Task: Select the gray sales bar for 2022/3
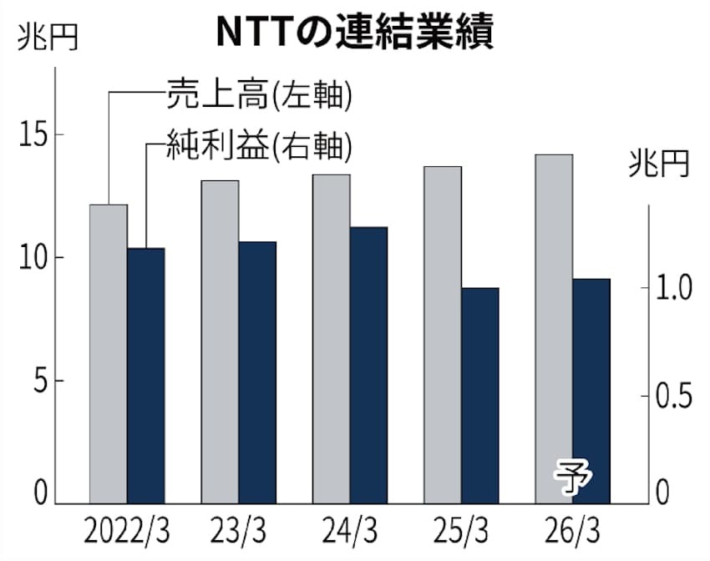point(108,354)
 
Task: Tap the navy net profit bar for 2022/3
point(146,376)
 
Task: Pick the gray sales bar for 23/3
point(220,342)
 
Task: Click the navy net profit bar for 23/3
point(257,372)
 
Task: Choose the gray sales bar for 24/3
point(332,339)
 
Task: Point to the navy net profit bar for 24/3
point(369,365)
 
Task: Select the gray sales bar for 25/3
point(443,335)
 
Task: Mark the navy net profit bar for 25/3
point(480,396)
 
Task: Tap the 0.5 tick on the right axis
point(675,397)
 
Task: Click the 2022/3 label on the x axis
point(125,530)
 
